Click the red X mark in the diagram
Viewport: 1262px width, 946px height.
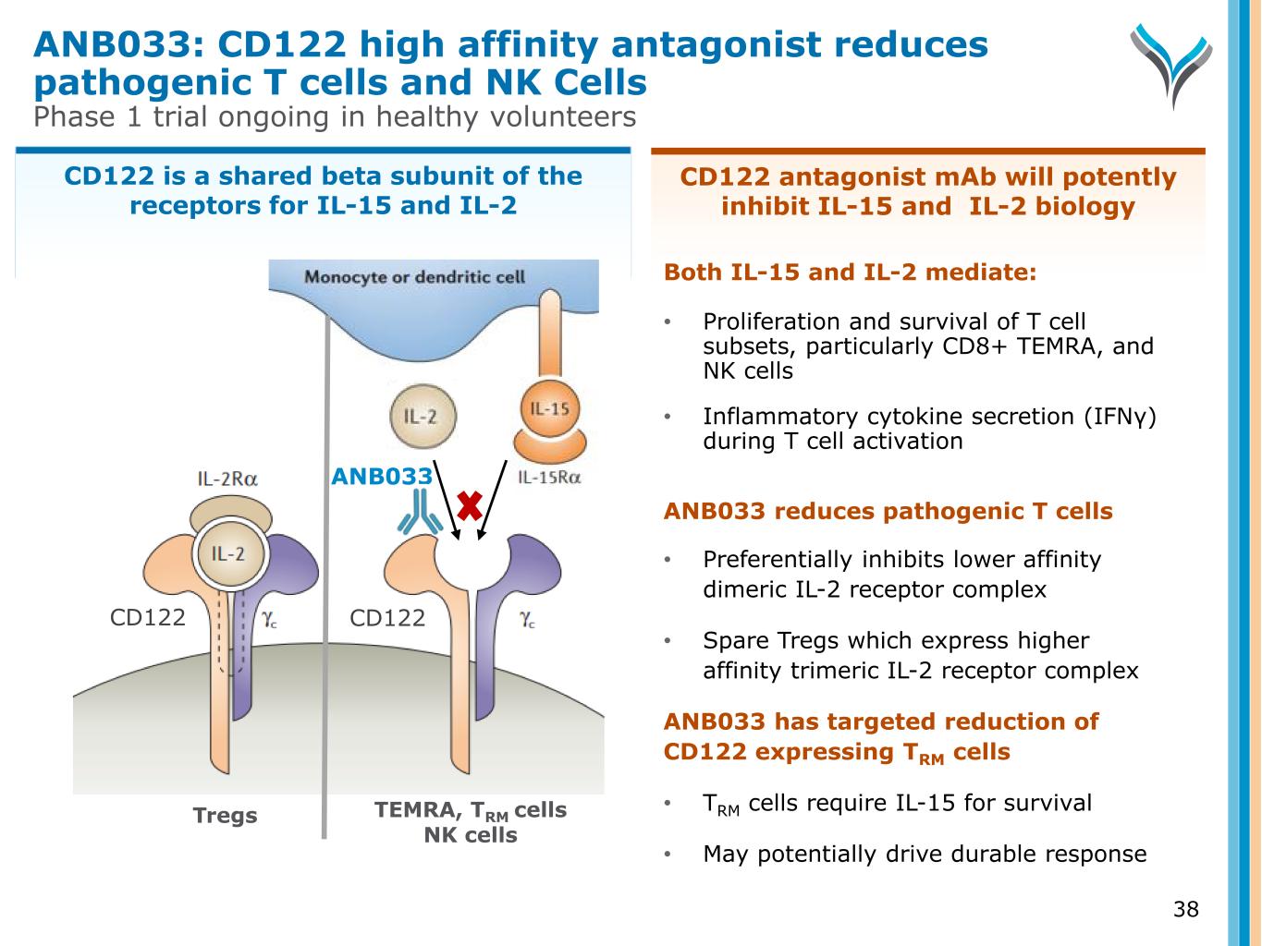click(469, 506)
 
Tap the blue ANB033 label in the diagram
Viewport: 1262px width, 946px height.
click(382, 476)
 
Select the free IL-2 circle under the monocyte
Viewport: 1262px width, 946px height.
click(423, 417)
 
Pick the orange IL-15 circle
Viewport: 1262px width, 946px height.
click(550, 409)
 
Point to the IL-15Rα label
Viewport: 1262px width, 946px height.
click(549, 478)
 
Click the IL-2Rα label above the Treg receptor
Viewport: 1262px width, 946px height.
click(227, 479)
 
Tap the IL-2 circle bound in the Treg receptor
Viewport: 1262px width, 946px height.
click(230, 554)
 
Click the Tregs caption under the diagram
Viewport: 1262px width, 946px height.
click(225, 815)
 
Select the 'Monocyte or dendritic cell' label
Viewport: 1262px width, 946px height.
click(414, 277)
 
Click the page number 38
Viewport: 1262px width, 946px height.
click(1185, 909)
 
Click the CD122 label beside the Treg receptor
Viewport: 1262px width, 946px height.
click(148, 617)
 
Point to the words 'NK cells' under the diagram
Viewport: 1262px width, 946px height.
click(471, 834)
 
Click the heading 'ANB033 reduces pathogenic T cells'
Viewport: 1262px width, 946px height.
click(888, 511)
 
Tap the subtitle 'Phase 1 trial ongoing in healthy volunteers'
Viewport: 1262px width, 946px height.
click(335, 116)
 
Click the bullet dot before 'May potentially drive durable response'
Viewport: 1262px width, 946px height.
click(668, 855)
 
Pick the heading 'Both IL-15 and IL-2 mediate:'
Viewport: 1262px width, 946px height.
click(850, 272)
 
